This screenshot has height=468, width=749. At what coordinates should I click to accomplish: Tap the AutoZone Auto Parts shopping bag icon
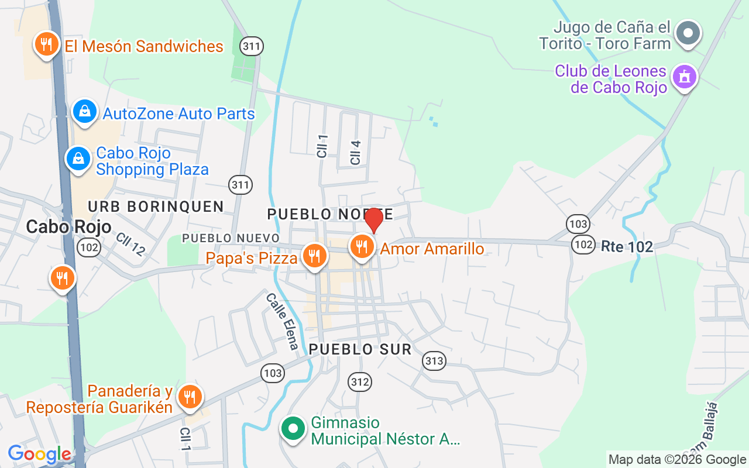click(85, 111)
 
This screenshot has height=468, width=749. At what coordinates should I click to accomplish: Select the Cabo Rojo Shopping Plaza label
click(152, 161)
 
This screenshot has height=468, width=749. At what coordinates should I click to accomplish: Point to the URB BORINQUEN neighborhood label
click(156, 206)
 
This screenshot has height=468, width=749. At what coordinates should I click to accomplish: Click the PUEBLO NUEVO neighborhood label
click(231, 238)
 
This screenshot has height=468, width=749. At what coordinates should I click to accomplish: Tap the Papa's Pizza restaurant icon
click(315, 256)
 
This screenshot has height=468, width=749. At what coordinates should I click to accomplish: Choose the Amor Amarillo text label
click(432, 249)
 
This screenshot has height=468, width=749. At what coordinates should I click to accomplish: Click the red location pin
click(374, 221)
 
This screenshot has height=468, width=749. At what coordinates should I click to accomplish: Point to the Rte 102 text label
click(627, 247)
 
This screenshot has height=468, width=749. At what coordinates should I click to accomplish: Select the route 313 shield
click(434, 361)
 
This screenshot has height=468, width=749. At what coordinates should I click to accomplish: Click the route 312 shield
click(360, 383)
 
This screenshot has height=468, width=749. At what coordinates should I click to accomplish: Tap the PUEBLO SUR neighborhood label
click(360, 349)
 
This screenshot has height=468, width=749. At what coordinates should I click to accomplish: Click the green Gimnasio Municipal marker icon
click(293, 429)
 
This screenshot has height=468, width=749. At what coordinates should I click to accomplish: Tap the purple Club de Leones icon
click(684, 77)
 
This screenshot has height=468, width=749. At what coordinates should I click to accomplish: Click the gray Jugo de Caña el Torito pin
click(688, 33)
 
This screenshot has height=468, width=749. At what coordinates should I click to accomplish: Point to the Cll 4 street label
click(355, 152)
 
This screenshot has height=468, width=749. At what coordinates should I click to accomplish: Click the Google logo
click(39, 454)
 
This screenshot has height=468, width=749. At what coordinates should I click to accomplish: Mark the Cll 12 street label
click(130, 245)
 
